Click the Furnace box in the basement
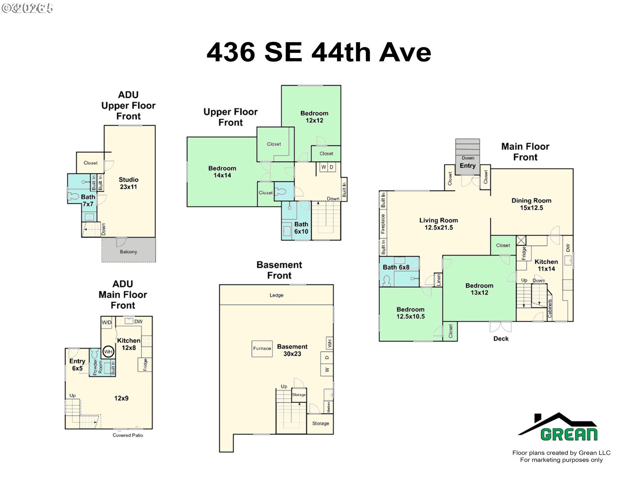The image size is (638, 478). [262, 349]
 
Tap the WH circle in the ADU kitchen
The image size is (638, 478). [108, 352]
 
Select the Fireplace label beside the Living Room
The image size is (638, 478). [383, 224]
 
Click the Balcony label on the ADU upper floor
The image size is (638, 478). [128, 252]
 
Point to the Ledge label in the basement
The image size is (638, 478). [276, 295]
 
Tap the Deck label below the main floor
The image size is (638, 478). [501, 339]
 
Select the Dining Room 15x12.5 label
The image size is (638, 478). [531, 204]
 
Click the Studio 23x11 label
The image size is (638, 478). [129, 183]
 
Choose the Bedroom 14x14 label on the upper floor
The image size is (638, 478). [222, 172]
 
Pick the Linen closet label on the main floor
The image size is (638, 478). [439, 280]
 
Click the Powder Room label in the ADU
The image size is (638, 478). [98, 367]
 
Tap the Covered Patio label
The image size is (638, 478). [128, 435]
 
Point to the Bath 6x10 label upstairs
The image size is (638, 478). [301, 228]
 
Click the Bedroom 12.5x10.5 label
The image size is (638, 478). [410, 313]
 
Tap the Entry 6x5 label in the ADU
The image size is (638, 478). [77, 364]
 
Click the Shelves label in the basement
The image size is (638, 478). [328, 407]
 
